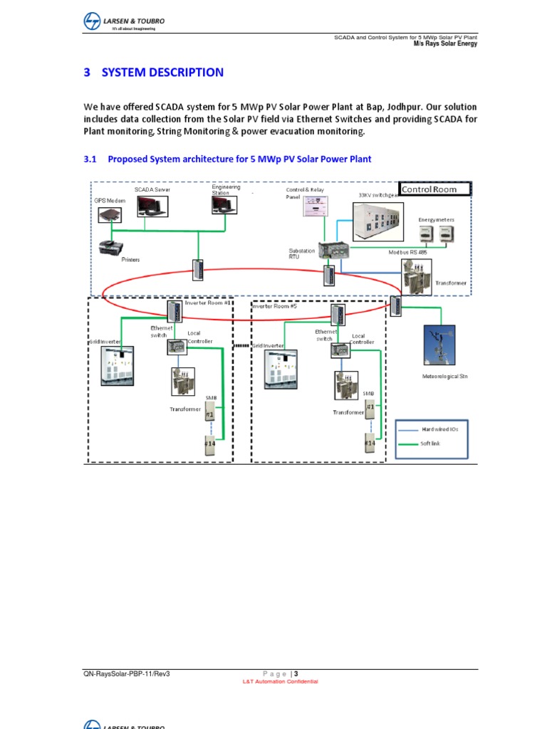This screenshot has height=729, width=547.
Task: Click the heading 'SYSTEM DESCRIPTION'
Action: point(162,73)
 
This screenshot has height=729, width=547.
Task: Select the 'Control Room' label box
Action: point(436,189)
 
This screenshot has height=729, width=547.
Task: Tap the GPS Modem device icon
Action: point(110,214)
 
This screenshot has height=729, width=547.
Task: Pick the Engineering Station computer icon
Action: point(222,204)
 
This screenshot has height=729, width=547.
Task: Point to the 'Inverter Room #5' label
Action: point(276,306)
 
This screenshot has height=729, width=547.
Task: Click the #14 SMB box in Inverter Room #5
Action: point(370,443)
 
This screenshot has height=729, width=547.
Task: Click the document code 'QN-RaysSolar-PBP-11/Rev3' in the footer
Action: point(127,673)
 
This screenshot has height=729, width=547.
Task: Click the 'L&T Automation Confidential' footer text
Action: point(281,681)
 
